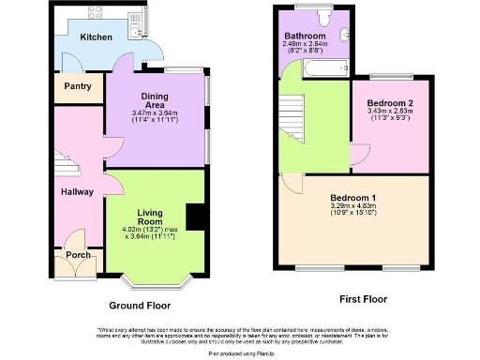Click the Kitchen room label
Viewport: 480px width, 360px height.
[x=96, y=37]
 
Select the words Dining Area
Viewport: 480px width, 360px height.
[x=156, y=99]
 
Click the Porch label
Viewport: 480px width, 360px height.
[x=77, y=253]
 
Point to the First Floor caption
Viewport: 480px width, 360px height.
[x=362, y=300]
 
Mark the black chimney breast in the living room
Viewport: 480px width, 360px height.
[x=195, y=216]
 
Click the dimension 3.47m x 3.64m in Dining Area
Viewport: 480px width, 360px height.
[x=156, y=113]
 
